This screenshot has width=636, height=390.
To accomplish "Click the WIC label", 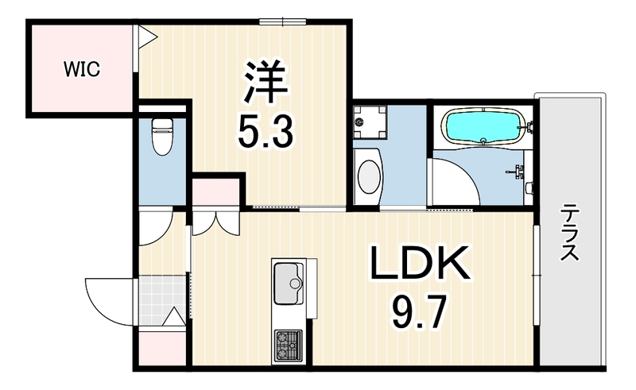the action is pyautogui.click(x=82, y=69).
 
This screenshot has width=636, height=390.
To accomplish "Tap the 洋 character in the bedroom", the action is pyautogui.click(x=266, y=83).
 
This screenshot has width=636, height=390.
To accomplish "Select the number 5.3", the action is pyautogui.click(x=266, y=130).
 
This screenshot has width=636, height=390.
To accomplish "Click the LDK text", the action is pyautogui.click(x=421, y=262).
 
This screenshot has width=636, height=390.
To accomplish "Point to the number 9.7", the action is pyautogui.click(x=420, y=311).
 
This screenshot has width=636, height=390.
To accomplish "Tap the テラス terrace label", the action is pyautogui.click(x=569, y=233).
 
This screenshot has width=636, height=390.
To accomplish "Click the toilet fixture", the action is pyautogui.click(x=162, y=137).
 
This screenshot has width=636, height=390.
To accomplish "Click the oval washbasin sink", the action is pyautogui.click(x=369, y=177).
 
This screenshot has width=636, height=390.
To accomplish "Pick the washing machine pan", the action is pyautogui.click(x=370, y=122).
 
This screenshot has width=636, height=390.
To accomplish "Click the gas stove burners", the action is pyautogui.click(x=289, y=346).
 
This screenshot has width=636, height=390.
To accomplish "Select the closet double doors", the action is pyautogui.click(x=215, y=224).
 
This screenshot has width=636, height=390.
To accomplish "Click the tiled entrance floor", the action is pyautogui.click(x=162, y=300).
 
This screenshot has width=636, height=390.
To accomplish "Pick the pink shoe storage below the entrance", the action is pyautogui.click(x=162, y=349).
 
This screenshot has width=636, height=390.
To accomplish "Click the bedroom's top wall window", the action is pyautogui.click(x=283, y=21).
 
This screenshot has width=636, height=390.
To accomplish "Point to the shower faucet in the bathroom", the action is pyautogui.click(x=516, y=171).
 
